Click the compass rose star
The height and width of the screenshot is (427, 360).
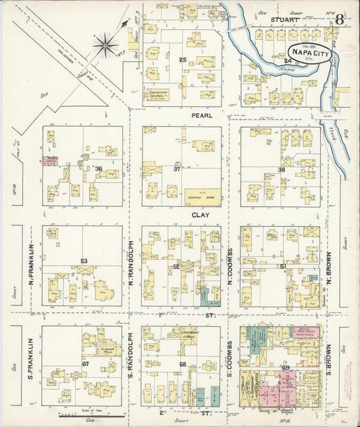pyautogui.click(x=105, y=46)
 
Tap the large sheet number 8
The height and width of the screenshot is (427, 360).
pyautogui.click(x=339, y=19)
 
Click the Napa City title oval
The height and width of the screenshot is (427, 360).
pyautogui.click(x=310, y=53)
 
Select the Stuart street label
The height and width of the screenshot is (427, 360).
pyautogui.click(x=284, y=20)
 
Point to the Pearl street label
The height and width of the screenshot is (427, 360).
pyautogui.click(x=201, y=116)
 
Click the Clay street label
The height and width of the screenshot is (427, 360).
pyautogui.click(x=201, y=215)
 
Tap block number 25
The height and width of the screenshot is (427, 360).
pyautogui.click(x=182, y=61)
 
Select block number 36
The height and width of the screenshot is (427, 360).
pyautogui.click(x=99, y=169)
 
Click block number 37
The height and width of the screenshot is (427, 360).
pyautogui.click(x=177, y=169)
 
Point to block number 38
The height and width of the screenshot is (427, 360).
pyautogui.click(x=282, y=169)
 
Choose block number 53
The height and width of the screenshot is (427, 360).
pyautogui.click(x=84, y=261)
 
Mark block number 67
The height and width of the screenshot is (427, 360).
pyautogui.click(x=86, y=364)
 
